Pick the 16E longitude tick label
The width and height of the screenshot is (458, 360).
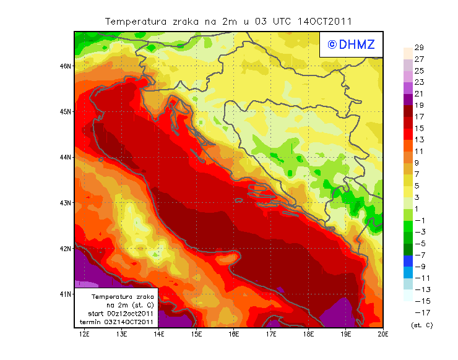[x=234, y=334]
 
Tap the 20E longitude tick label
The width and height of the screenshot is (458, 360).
[x=384, y=334]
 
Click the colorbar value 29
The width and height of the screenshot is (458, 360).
[x=419, y=48]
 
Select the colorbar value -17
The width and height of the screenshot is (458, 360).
[x=421, y=312]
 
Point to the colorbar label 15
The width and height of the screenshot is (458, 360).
[x=419, y=128]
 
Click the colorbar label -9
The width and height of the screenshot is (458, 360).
[x=420, y=267]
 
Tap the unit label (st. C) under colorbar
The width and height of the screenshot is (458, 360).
[x=421, y=325]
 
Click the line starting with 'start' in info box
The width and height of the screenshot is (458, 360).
[x=123, y=314]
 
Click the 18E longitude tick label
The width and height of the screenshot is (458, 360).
[x=309, y=334]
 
